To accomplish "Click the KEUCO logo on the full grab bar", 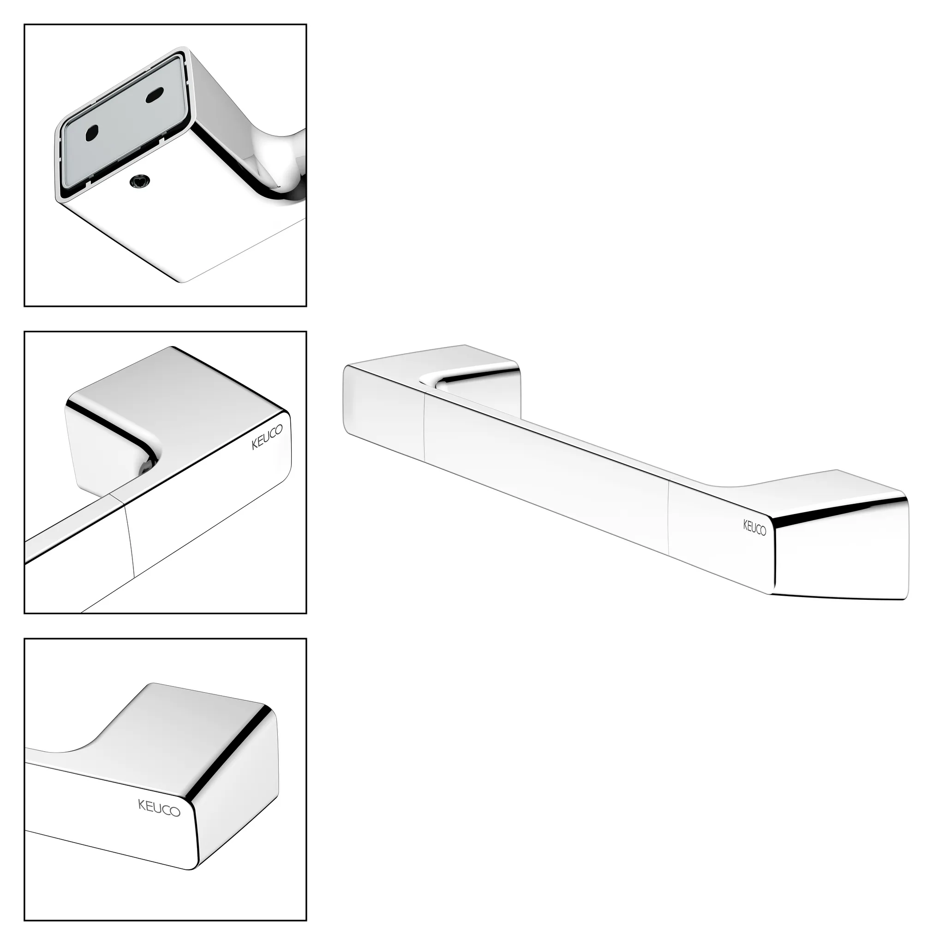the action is click(755, 528).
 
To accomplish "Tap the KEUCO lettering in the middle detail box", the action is click(267, 438).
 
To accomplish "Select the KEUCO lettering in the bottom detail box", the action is click(160, 807).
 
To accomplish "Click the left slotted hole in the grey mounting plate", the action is click(91, 132).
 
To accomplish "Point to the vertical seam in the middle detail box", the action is click(130, 540).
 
